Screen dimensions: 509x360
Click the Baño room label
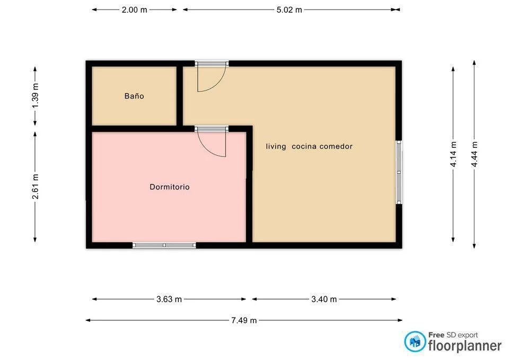tap(134, 96)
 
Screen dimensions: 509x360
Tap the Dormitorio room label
tap(170, 187)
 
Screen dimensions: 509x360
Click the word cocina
tap(304, 146)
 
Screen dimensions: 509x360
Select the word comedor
tap(336, 146)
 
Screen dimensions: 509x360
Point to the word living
tap(276, 146)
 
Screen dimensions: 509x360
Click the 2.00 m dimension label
tap(134, 10)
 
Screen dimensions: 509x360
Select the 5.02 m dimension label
tap(289, 10)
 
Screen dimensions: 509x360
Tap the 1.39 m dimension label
tap(36, 96)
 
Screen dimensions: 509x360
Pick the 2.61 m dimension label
tap(36, 187)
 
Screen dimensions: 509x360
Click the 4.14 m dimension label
tap(453, 154)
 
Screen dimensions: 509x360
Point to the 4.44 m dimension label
tap(475, 154)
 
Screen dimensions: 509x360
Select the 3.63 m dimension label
tap(169, 300)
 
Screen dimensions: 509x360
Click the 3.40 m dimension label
tap(324, 300)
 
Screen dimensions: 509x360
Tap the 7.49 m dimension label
tap(244, 320)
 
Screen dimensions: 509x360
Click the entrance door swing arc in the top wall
tap(218, 84)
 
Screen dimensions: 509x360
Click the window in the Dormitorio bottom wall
tap(164, 245)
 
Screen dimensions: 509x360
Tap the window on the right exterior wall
tap(399, 172)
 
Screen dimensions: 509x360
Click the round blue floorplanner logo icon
tap(415, 341)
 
